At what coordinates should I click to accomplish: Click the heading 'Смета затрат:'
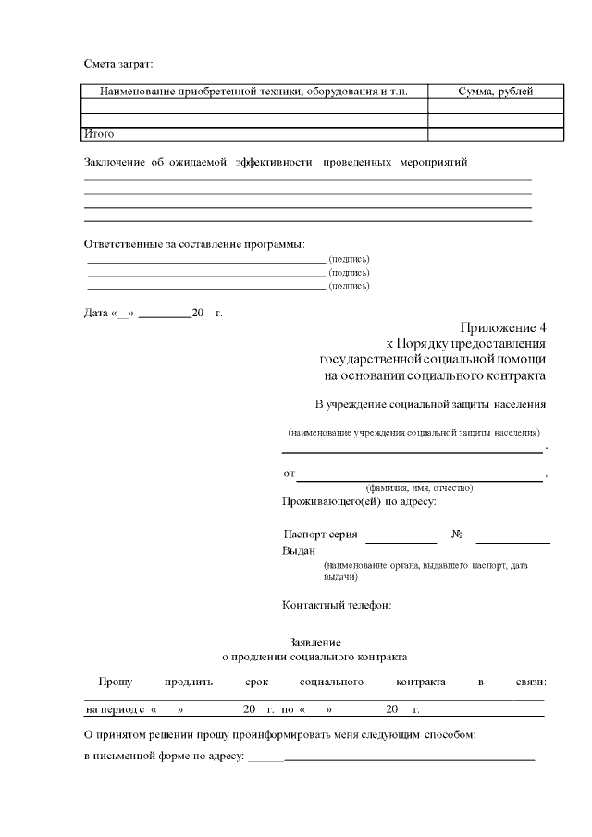coord(118,64)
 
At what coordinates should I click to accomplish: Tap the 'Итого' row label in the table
coord(99,134)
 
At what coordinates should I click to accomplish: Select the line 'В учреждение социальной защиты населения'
coord(430,404)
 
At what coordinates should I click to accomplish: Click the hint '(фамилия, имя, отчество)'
coord(419,487)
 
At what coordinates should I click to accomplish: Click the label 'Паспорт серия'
coord(320,535)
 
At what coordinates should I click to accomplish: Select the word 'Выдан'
coord(299,550)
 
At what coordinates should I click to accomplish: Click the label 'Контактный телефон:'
coord(338,606)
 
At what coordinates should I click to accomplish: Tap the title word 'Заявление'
coord(315,642)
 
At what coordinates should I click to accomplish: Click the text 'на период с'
coord(115,709)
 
